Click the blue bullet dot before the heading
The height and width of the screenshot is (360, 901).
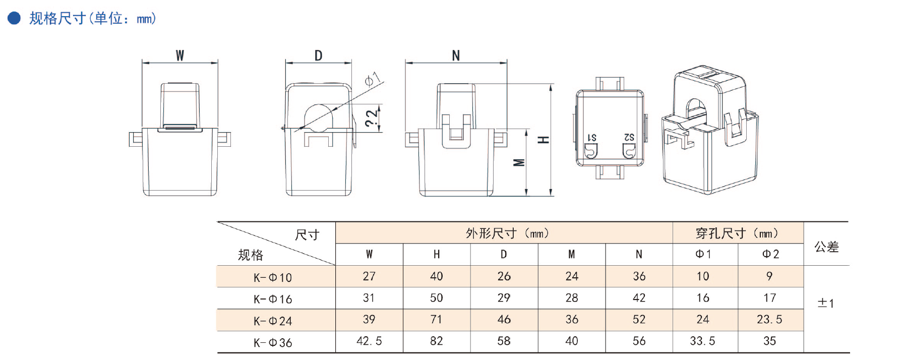pyautogui.click(x=14, y=19)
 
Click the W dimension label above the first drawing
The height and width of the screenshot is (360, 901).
pyautogui.click(x=180, y=55)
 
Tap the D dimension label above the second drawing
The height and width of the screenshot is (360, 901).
pyautogui.click(x=318, y=55)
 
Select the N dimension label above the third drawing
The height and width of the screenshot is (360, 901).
pyautogui.click(x=456, y=55)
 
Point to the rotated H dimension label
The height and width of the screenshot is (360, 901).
pyautogui.click(x=543, y=140)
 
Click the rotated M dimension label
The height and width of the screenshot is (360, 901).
pyautogui.click(x=519, y=162)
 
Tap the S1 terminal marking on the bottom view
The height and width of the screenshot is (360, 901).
pyautogui.click(x=592, y=138)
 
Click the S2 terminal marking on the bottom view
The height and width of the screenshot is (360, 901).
pyautogui.click(x=629, y=137)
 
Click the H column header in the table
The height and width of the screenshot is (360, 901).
pyautogui.click(x=437, y=255)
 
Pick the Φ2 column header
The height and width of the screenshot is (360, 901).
pyautogui.click(x=770, y=255)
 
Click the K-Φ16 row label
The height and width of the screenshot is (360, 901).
pyautogui.click(x=273, y=299)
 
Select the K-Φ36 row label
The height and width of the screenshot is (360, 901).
pyautogui.click(x=273, y=343)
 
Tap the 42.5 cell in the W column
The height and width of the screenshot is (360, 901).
pyautogui.click(x=369, y=341)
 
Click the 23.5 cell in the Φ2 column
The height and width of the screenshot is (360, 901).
pyautogui.click(x=769, y=320)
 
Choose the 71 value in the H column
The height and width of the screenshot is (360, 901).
pyautogui.click(x=436, y=320)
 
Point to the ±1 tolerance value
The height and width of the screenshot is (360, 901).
pyautogui.click(x=826, y=304)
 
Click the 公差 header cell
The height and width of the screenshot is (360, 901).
pyautogui.click(x=826, y=247)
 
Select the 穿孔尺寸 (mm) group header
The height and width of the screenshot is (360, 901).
pyautogui.click(x=737, y=233)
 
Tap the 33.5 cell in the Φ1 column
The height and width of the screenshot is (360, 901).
pyautogui.click(x=702, y=341)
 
